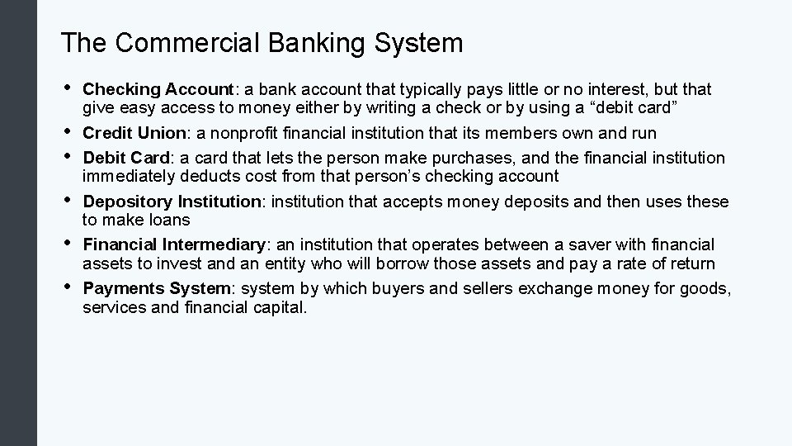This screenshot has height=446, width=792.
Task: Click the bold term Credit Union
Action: click(124, 133)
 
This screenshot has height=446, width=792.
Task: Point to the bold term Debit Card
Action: click(120, 158)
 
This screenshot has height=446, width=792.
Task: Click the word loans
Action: click(170, 220)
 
